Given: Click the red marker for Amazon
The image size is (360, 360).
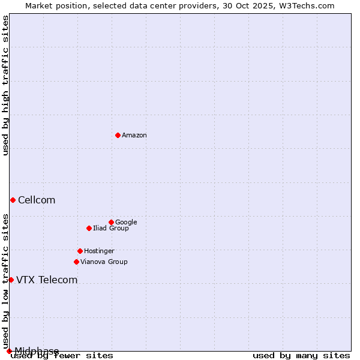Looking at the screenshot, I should (x=118, y=135).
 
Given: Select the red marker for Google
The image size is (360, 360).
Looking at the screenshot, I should (x=111, y=222).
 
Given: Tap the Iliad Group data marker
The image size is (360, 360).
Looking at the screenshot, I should (x=89, y=228).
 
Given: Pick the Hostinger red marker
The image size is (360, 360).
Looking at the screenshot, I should (x=80, y=251).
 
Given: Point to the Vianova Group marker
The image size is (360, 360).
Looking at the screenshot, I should (x=76, y=262).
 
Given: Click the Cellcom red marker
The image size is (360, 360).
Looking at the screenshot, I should (x=13, y=200).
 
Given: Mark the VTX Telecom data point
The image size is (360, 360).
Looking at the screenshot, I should (x=11, y=280).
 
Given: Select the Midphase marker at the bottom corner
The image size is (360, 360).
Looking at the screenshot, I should (x=9, y=351).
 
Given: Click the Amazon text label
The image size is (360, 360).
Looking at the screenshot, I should (x=134, y=136).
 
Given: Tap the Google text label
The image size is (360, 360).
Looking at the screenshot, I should (x=126, y=223).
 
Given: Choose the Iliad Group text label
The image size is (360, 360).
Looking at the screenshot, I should (x=111, y=229).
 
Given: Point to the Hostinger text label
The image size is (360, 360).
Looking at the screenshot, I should (x=99, y=251).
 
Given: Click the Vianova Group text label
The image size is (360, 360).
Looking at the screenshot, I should (x=104, y=262).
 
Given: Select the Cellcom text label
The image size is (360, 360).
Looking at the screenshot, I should (x=37, y=200).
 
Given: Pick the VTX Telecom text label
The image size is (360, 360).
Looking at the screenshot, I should (x=47, y=280).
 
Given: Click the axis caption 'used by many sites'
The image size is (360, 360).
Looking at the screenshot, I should (x=301, y=355).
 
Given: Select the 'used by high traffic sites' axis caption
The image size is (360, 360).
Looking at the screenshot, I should (x=5, y=85).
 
